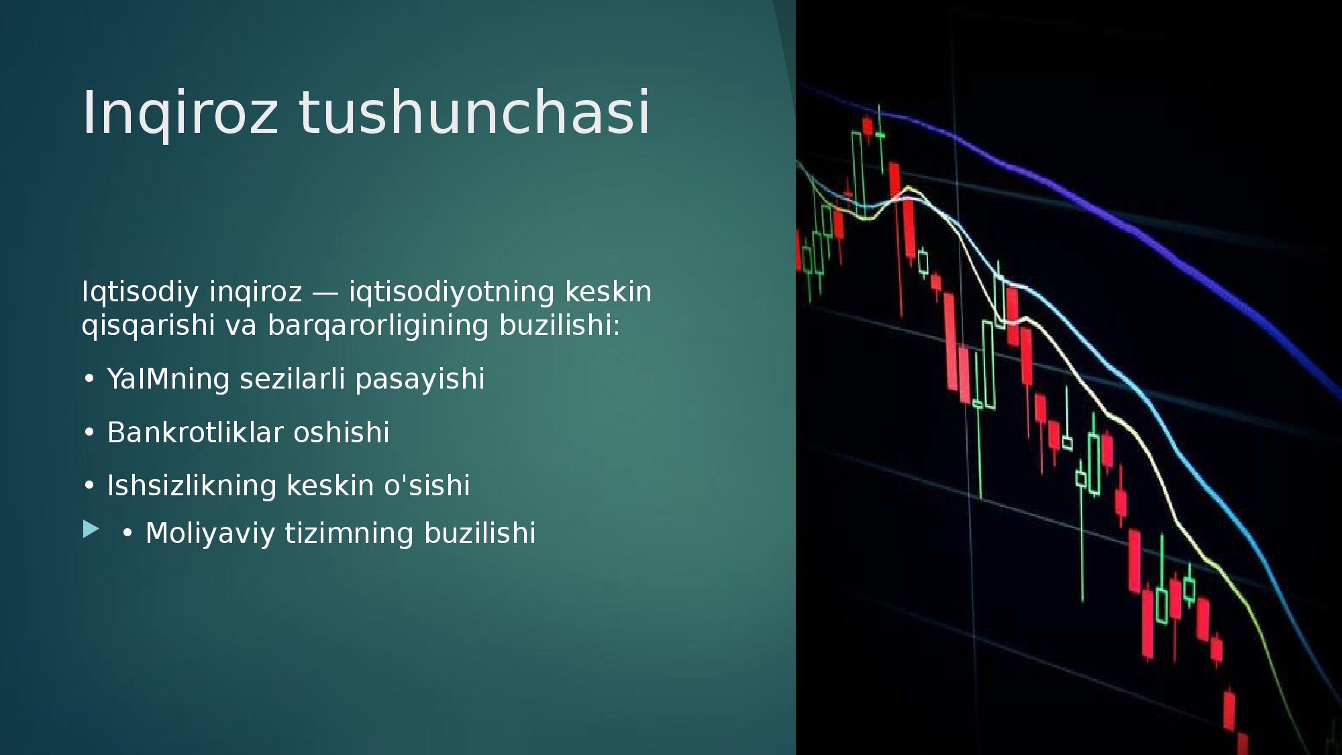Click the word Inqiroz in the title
tap(180, 113)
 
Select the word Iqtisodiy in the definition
tap(140, 293)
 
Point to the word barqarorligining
tap(378, 326)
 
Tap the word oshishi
tap(342, 432)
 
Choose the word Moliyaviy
tap(210, 534)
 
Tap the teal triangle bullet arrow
tap(91, 530)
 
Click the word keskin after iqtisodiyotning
tap(608, 292)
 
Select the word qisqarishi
tap(148, 326)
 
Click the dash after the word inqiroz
tap(325, 294)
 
